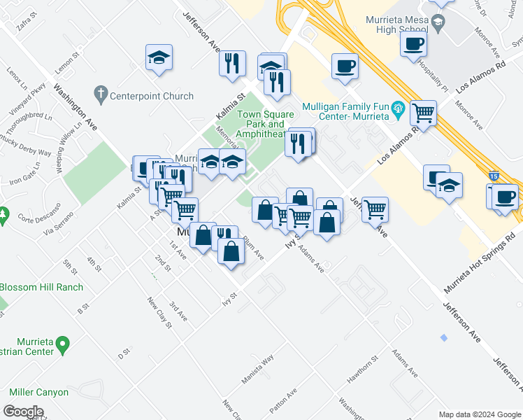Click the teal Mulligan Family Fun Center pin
pyautogui.click(x=399, y=108)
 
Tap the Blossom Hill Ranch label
pyautogui.click(x=41, y=287)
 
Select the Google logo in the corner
pyautogui.click(x=24, y=412)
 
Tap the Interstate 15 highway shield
pyautogui.click(x=494, y=177)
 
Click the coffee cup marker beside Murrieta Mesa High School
pyautogui.click(x=414, y=44)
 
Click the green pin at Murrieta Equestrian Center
pyautogui.click(x=62, y=344)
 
